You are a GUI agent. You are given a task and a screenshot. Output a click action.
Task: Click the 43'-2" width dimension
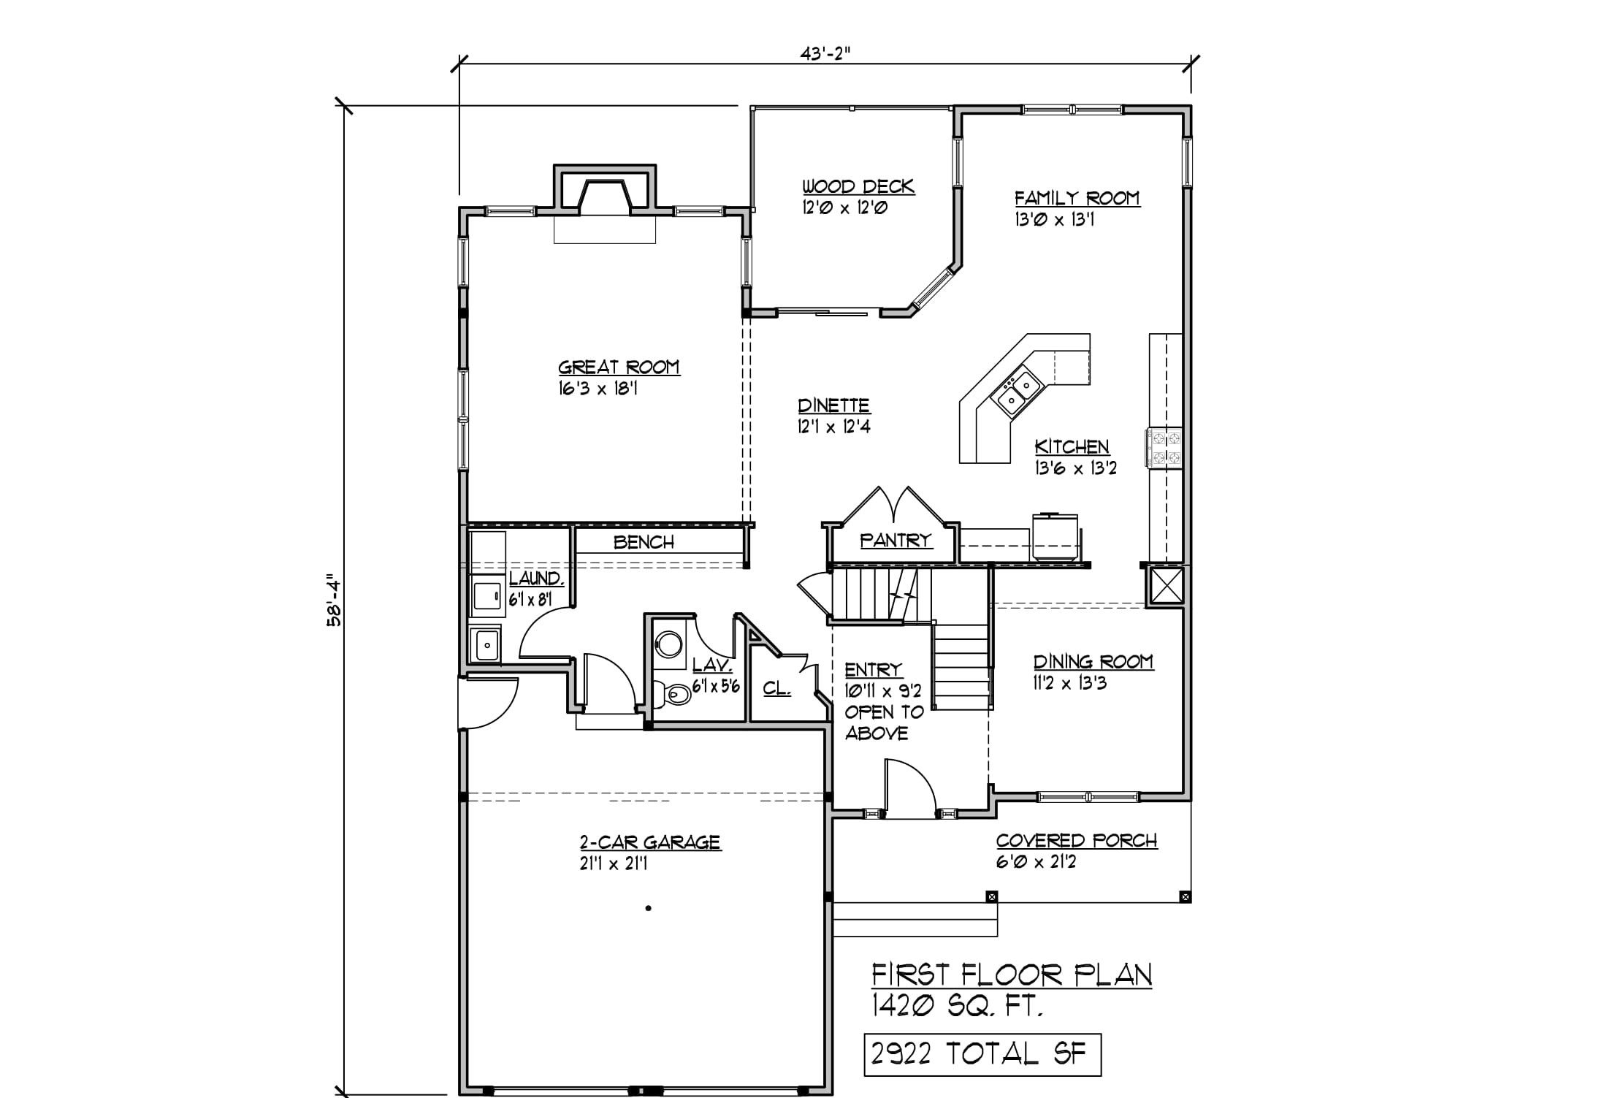825,53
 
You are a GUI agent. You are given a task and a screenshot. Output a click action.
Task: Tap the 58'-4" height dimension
335,599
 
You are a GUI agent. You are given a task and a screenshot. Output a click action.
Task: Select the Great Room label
619,367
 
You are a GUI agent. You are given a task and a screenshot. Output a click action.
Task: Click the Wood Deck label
858,186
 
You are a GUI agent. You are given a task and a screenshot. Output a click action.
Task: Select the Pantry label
896,541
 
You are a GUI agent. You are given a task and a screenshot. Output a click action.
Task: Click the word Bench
644,542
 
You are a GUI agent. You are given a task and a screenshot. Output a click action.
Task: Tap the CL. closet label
776,688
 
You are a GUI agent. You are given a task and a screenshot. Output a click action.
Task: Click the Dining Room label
1093,662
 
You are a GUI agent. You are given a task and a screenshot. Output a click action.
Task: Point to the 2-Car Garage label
650,842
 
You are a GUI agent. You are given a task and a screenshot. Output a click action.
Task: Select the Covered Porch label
1077,841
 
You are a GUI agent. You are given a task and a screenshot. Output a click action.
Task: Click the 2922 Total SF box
982,1054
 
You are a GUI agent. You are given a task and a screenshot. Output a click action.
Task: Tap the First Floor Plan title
1012,975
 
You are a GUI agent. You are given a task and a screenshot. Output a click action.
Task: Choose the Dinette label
833,405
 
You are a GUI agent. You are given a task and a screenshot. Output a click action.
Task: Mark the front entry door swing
910,787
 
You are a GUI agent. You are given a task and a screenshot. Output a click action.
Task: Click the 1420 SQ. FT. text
957,1007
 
